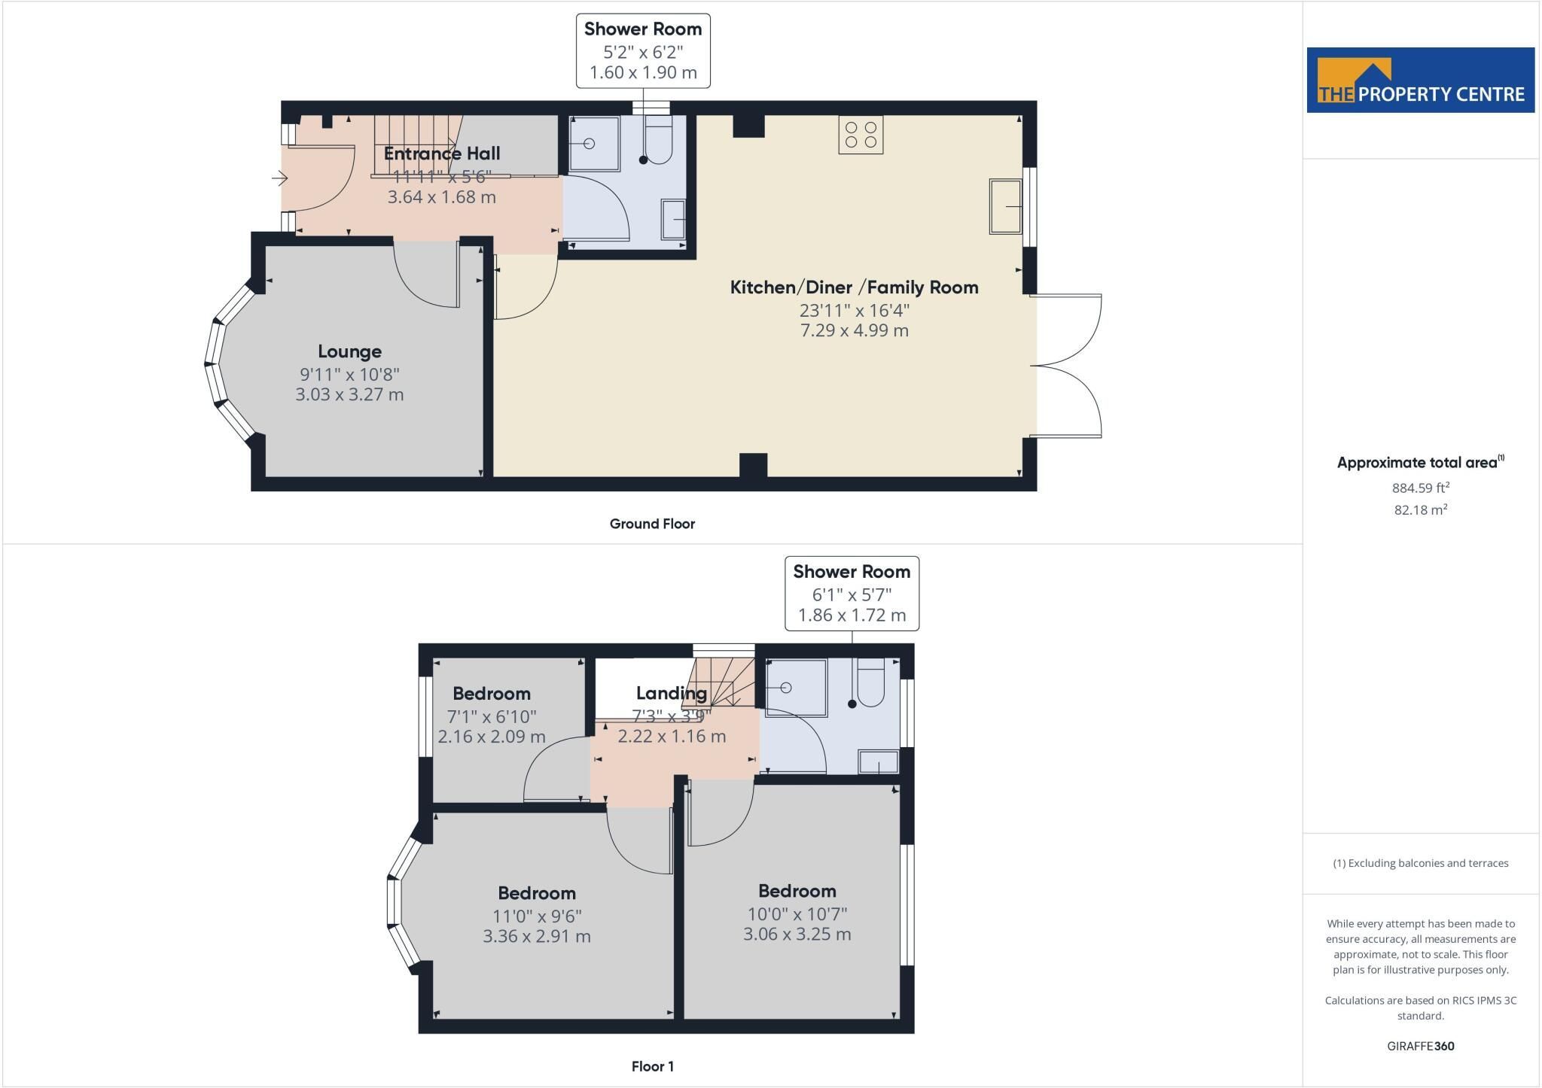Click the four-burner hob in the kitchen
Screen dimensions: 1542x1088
(861, 135)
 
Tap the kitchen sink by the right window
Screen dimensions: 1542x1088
(1006, 206)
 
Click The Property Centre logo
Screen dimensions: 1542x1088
(1420, 81)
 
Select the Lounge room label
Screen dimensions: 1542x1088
(349, 351)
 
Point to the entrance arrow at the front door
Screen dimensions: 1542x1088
(280, 179)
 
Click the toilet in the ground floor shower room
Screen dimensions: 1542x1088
(657, 140)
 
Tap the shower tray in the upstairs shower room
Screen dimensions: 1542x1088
(796, 688)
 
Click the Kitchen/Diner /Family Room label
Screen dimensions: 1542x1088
(855, 287)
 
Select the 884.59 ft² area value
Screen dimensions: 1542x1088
(1421, 488)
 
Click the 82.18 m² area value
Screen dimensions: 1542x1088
(1421, 509)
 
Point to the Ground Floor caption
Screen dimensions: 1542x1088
(652, 524)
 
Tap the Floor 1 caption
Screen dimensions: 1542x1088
(653, 1066)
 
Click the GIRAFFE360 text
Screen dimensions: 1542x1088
(1421, 1046)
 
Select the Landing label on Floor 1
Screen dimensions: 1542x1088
(672, 693)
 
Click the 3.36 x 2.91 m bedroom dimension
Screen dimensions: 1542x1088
(537, 937)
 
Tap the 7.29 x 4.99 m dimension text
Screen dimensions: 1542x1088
(855, 330)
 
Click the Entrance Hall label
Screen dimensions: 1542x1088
(442, 153)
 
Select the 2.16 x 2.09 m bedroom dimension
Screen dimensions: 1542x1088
(492, 737)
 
